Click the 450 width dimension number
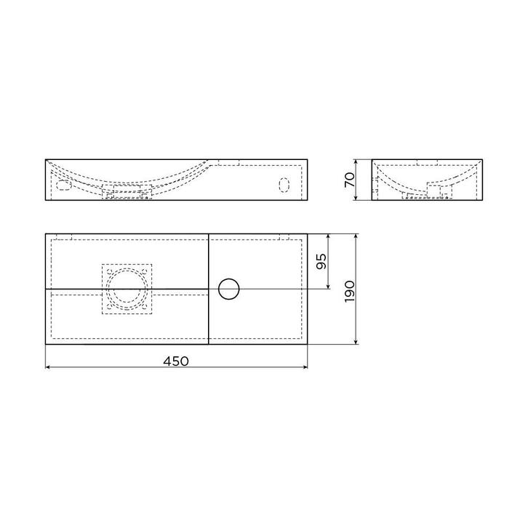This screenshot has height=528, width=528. tap(176, 361)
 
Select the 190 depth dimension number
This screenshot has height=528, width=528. tap(350, 292)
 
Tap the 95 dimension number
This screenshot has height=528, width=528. tap(321, 261)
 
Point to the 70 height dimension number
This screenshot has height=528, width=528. tap(350, 180)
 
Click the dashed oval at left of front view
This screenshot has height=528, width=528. tap(64, 185)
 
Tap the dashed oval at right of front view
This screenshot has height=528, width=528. tap(284, 185)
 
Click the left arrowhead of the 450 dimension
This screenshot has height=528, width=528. tap(48, 367)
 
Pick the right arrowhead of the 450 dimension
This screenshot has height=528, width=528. tap(305, 367)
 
